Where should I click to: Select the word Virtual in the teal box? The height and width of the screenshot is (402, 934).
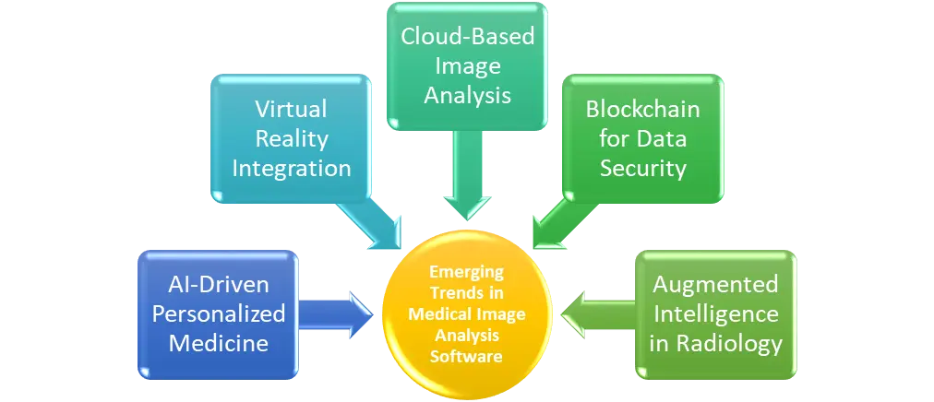point(291,110)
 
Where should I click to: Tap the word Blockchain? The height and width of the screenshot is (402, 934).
point(642,110)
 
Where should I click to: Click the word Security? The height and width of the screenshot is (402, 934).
point(642,169)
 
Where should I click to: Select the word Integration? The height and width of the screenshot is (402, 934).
point(291,169)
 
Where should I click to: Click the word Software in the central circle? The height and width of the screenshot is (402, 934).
point(467,356)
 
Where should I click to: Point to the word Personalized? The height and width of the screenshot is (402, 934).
point(219,314)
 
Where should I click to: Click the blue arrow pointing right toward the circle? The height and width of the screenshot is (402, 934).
point(338,313)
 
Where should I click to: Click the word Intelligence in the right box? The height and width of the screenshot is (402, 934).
point(716,313)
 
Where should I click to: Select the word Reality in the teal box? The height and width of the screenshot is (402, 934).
point(291,139)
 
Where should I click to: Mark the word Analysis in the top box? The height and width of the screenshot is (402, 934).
point(466,95)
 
